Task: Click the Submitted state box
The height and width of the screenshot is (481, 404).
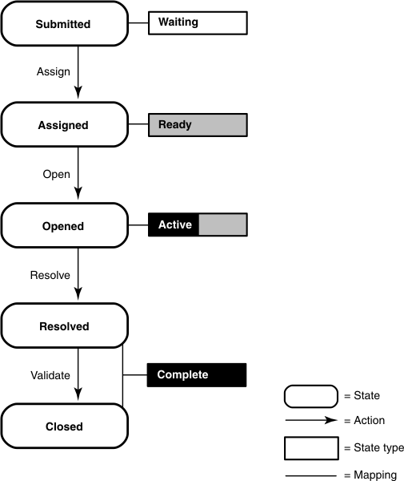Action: pyautogui.click(x=63, y=24)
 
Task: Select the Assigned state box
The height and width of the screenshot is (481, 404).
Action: pyautogui.click(x=63, y=125)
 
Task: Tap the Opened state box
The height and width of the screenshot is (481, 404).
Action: pyautogui.click(x=63, y=226)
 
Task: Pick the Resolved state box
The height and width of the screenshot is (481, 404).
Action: pyautogui.click(x=63, y=326)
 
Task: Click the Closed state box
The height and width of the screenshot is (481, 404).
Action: pyautogui.click(x=63, y=426)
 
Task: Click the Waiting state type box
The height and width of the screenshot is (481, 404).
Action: pyautogui.click(x=198, y=22)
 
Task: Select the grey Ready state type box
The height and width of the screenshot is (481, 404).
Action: pyautogui.click(x=198, y=124)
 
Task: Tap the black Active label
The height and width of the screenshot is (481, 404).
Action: pyautogui.click(x=174, y=224)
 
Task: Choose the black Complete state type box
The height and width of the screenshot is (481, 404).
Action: pyautogui.click(x=197, y=374)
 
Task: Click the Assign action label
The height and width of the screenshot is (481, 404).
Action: pyautogui.click(x=53, y=71)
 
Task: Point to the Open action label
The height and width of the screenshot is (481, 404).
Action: pyautogui.click(x=56, y=174)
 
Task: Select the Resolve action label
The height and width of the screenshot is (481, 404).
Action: pyautogui.click(x=50, y=275)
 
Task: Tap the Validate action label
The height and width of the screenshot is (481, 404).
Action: pyautogui.click(x=50, y=375)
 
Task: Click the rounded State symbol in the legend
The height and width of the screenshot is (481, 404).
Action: pyautogui.click(x=310, y=396)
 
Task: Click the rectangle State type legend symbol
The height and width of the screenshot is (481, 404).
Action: pyautogui.click(x=310, y=447)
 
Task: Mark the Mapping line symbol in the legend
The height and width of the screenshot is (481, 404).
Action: pyautogui.click(x=310, y=475)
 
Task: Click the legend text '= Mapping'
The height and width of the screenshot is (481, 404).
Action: pyautogui.click(x=370, y=475)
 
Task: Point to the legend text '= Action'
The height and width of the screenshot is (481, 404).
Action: pyautogui.click(x=364, y=421)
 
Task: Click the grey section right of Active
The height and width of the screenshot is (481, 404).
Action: pyautogui.click(x=222, y=224)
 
